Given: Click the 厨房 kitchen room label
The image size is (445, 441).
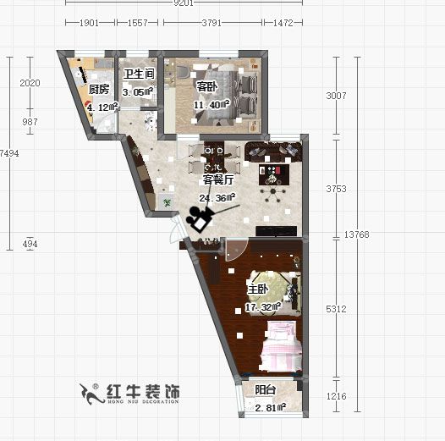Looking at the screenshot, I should pos(99,89).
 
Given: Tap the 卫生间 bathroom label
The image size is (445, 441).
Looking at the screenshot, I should pos(138,74).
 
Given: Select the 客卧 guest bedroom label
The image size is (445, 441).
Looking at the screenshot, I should pos(208,87).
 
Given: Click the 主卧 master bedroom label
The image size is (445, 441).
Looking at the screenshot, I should pos(258,289).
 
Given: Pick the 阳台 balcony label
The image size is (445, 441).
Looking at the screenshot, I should pos(265,390).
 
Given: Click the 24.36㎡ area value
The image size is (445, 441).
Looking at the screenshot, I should pos(217,199).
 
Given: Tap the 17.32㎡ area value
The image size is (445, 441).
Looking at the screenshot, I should pos(262,307).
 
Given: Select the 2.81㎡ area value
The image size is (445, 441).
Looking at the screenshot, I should pos(270,408).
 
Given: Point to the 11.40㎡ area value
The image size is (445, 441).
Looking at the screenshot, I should pos(212,105).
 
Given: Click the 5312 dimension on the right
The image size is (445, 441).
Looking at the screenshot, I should pos(337,309).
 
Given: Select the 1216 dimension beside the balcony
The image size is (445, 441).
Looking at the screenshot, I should pos(337,395).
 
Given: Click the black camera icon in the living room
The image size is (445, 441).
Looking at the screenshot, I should pos(201,218).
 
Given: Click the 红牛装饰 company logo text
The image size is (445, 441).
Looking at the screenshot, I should pos(142,392).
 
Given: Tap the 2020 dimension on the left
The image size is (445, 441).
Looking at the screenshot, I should pos(30,83).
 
